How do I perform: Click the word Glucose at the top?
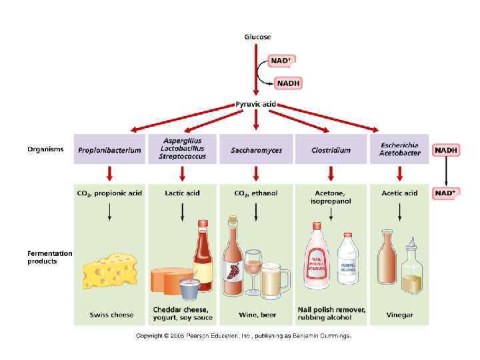coord(257,37)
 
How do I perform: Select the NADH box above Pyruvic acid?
coord(289,83)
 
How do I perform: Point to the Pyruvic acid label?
coord(255,105)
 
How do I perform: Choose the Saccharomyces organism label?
coord(256,151)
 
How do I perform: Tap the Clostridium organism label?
coord(331,151)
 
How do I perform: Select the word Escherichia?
coord(399,145)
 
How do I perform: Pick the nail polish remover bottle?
coord(316,257)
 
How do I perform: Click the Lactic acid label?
coord(182,193)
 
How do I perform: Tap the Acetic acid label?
coord(400,193)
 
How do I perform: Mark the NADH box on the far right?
coord(446,151)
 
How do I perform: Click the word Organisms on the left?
coord(45,149)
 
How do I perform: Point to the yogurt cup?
coord(190,289)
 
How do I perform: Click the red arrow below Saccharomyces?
coord(256,173)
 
